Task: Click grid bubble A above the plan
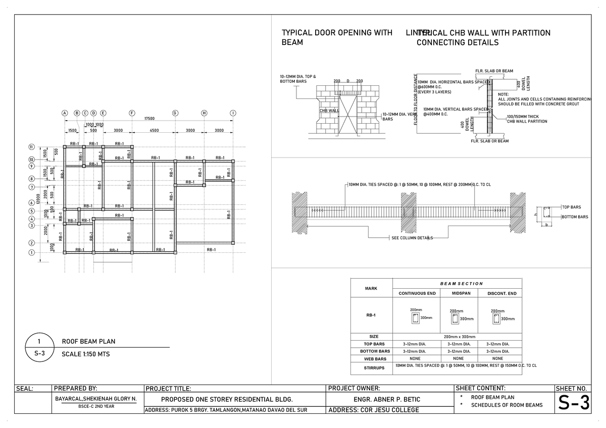pos(65,113)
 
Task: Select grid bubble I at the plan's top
pos(233,113)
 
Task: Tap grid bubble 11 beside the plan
pos(31,147)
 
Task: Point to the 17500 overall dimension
pos(149,119)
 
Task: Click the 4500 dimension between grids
pos(154,131)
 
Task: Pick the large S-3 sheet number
pos(573,403)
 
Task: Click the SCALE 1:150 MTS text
pos(85,354)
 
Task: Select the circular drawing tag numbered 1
pos(39,342)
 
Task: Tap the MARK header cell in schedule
pos(371,288)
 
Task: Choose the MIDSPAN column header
pos(461,293)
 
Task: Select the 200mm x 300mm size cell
pos(460,336)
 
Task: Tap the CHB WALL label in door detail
pos(329,110)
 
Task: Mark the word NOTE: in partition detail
pos(503,94)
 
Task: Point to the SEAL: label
pos(25,389)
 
